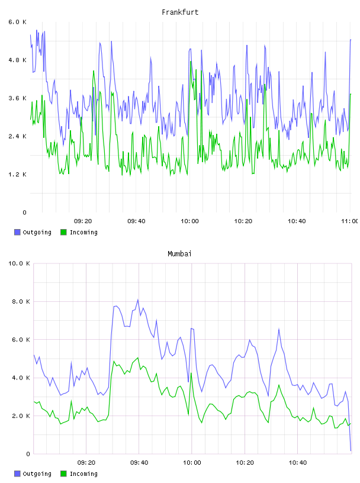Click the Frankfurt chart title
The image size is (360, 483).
coord(180,12)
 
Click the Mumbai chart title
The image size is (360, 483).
coord(179,254)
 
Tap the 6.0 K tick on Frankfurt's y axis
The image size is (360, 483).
coord(18,22)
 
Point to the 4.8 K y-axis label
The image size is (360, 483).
coord(18,60)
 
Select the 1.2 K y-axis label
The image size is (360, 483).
coord(18,175)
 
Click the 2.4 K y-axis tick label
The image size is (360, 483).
coord(18,136)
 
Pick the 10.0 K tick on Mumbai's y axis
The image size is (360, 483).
coord(19,263)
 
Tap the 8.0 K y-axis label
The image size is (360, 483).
coord(21,301)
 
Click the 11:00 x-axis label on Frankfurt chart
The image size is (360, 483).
coord(350,221)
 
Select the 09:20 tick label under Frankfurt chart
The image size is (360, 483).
coord(83,221)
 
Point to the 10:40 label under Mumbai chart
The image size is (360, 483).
coord(298,463)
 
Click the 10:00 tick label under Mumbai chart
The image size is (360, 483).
coord(192,463)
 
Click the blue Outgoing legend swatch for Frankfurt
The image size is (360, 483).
coord(17,232)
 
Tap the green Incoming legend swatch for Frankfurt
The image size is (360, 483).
coord(63,232)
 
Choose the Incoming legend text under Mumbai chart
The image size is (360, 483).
coord(83,474)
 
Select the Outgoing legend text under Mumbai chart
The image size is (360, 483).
coord(37,474)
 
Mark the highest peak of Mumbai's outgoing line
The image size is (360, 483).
coord(138,300)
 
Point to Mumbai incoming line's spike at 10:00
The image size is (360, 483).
coord(191,373)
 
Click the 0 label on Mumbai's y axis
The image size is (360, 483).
coord(28,454)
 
